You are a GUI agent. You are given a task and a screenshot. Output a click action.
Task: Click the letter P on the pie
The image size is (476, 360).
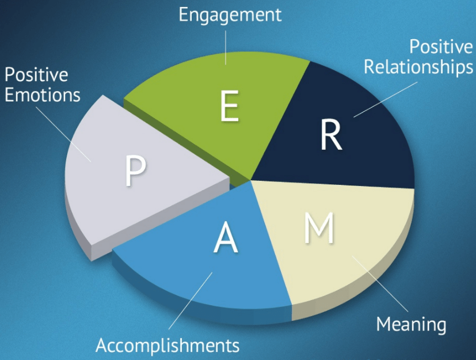[x=135, y=171]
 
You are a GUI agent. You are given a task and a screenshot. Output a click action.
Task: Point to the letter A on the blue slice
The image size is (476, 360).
[x=226, y=238]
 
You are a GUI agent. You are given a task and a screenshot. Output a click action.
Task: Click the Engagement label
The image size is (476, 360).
[x=230, y=14]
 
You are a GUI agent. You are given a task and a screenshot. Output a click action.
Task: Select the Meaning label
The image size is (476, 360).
[x=411, y=324]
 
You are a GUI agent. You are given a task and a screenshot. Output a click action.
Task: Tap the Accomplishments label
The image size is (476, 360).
[x=167, y=346]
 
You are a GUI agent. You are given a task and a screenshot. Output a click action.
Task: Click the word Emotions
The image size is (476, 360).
[x=42, y=94]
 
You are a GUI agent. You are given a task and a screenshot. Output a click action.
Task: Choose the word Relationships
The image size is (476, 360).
[x=418, y=67]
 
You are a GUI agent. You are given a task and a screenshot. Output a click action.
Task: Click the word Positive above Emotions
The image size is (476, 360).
[x=36, y=75]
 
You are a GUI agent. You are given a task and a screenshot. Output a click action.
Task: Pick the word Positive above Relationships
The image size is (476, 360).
[x=441, y=48]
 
